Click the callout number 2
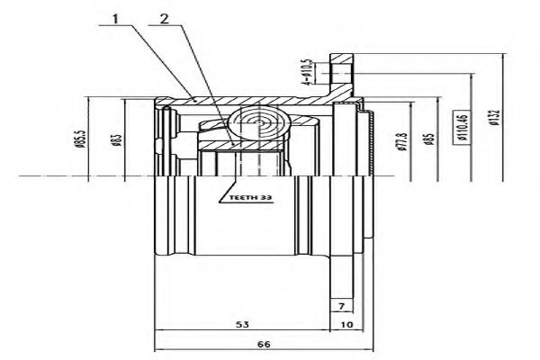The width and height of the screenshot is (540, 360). [x=163, y=17]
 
